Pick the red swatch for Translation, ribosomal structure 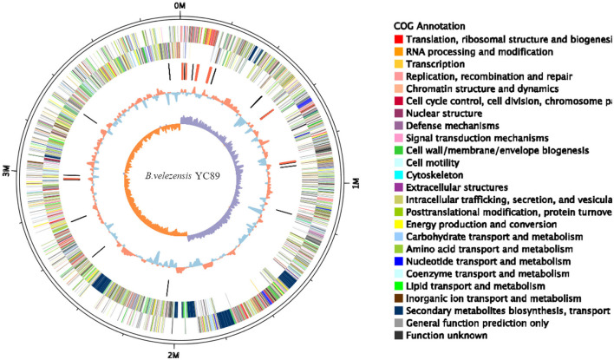tap(398, 40)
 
